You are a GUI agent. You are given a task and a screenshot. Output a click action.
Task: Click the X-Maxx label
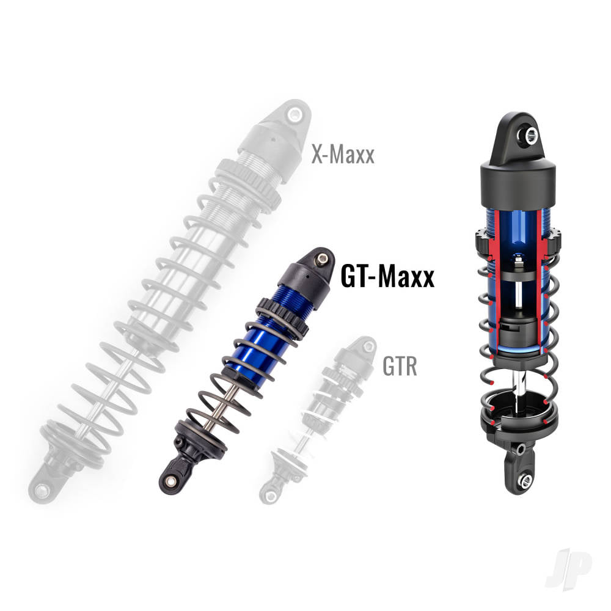click(x=342, y=154)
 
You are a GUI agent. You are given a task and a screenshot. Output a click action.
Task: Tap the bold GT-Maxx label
click(x=387, y=277)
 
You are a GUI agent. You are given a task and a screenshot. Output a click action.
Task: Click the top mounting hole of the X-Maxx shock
click(x=295, y=115)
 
